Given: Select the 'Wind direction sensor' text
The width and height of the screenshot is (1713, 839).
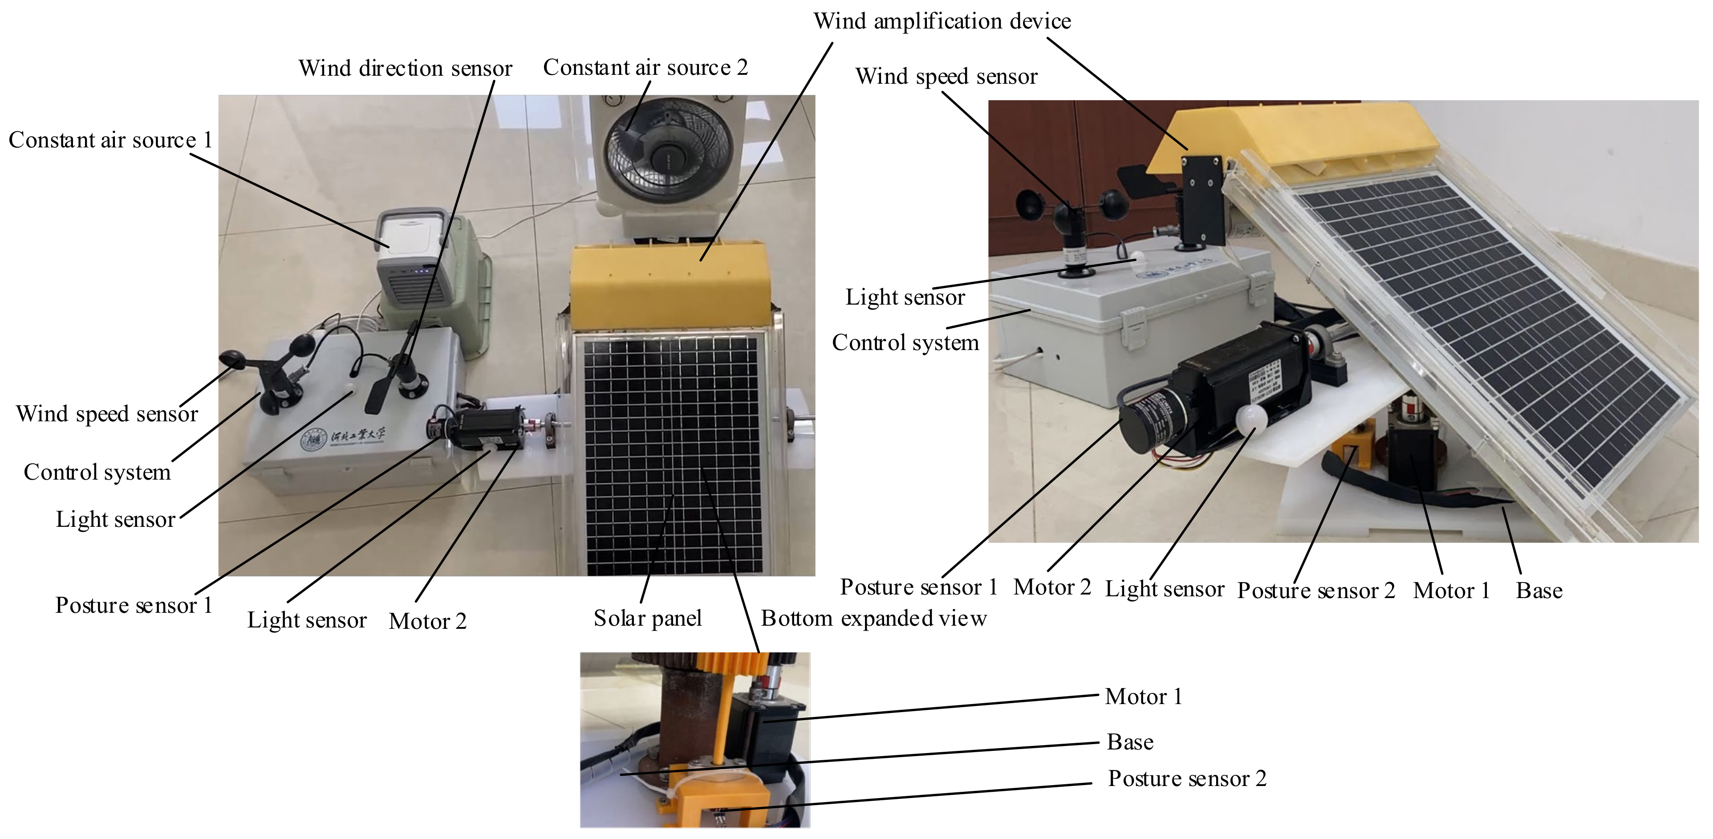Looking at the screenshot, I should pos(405,69).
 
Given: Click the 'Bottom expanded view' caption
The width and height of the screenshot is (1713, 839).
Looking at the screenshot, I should pos(873,619).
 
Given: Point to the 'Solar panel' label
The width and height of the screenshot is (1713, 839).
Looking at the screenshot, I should pos(647,619).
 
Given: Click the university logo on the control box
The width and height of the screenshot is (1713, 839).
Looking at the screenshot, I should pos(313,439).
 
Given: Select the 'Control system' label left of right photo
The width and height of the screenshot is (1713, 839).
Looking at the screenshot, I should pos(905,342).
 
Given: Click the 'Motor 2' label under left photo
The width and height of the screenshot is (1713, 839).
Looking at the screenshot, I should pos(428,621).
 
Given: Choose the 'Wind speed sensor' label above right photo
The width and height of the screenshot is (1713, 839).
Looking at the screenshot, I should pos(946,77).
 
